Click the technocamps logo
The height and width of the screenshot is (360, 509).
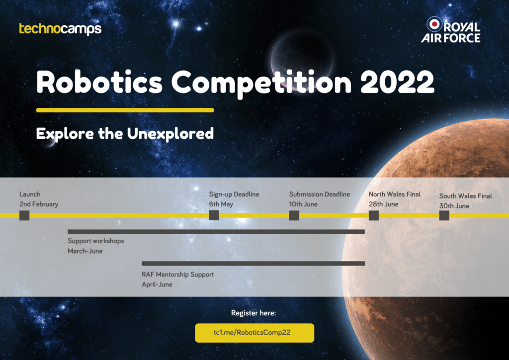(60, 29)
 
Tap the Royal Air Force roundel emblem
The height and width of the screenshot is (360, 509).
(434, 24)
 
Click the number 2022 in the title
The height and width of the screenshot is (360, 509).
(397, 82)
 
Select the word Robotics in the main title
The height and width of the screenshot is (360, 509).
(99, 82)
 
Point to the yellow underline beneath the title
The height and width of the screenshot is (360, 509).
(125, 110)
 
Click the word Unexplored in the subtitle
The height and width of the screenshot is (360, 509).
(170, 134)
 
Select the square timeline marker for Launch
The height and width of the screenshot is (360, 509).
(24, 215)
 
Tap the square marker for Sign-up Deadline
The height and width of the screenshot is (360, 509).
(214, 215)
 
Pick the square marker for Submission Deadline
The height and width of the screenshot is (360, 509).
(294, 215)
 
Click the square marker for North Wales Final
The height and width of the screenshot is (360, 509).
(374, 215)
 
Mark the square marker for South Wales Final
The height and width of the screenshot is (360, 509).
(444, 215)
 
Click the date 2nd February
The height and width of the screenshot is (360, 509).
(39, 204)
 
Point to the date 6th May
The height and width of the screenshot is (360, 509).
(221, 204)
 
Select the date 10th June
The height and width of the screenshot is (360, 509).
(303, 204)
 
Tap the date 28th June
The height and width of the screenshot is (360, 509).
(383, 204)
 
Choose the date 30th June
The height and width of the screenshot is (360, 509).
(454, 206)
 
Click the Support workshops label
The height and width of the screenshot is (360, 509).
(96, 241)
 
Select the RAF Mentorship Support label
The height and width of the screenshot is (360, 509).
(177, 274)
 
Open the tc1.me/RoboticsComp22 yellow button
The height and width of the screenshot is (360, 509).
(254, 333)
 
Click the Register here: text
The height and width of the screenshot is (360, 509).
(254, 313)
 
